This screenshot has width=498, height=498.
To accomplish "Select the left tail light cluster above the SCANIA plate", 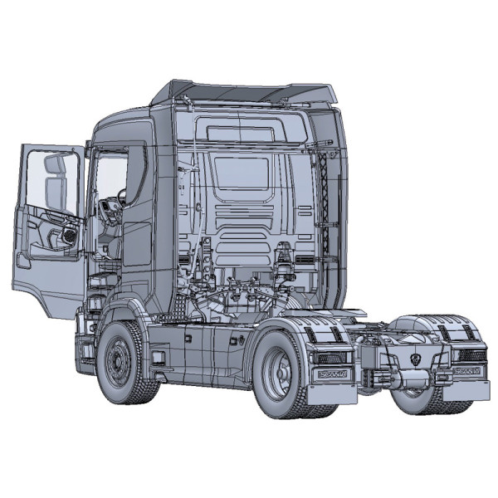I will point(330,358).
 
